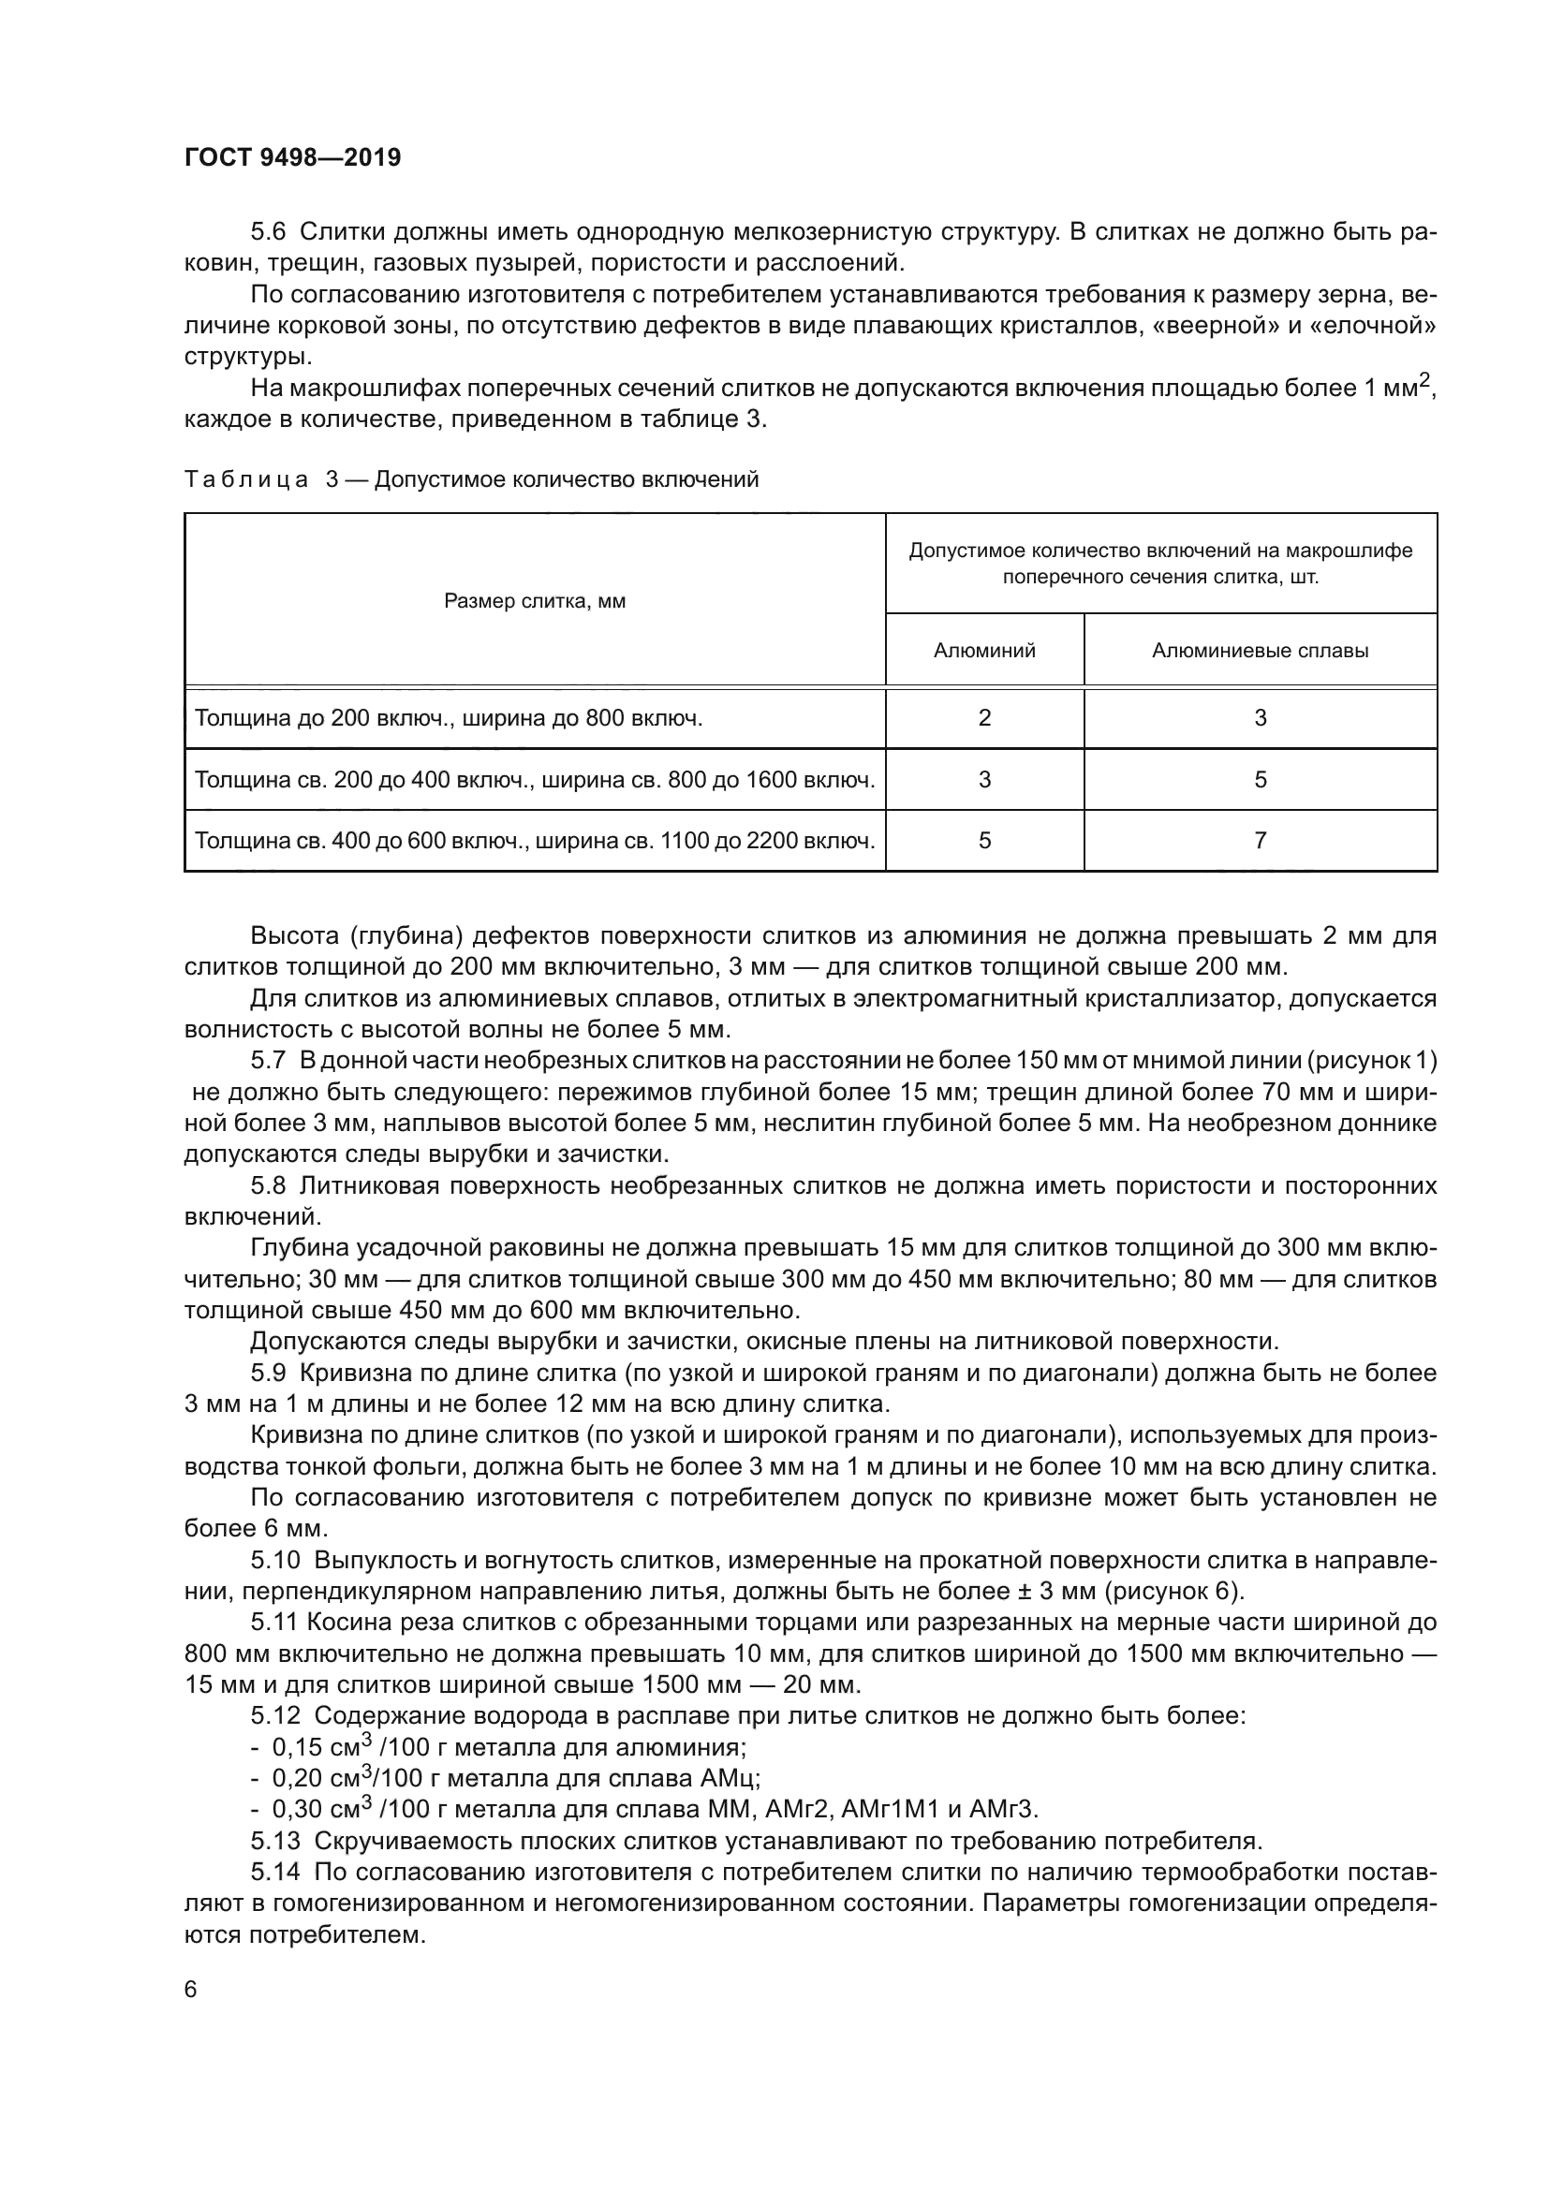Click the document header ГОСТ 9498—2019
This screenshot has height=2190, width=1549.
point(292,157)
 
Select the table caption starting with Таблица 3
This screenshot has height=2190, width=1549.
point(471,479)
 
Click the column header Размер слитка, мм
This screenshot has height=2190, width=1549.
point(534,601)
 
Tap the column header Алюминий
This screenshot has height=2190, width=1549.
point(984,651)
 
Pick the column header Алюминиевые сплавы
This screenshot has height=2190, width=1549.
point(1260,651)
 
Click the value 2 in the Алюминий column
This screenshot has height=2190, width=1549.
point(984,718)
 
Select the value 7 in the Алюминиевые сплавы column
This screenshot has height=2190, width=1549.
point(1260,840)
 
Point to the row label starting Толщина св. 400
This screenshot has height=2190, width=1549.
point(534,840)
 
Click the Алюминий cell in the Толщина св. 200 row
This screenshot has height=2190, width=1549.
point(984,779)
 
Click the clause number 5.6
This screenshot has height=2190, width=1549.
point(268,232)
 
